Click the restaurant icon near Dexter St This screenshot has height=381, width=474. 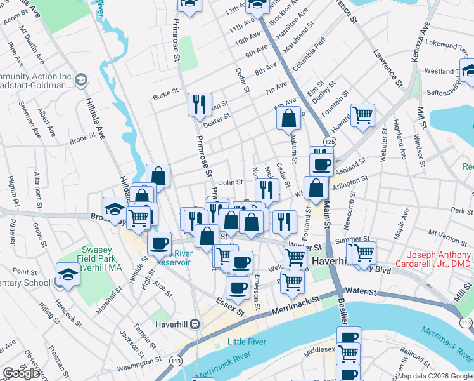200,104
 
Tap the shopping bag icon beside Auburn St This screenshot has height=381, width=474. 288,118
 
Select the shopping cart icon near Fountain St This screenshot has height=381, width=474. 362,116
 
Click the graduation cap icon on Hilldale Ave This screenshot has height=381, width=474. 115,208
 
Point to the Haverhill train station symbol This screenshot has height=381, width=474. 196,323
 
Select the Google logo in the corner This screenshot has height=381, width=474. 22,373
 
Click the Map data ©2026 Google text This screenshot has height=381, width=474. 435,376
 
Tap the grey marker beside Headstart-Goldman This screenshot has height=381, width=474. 80,80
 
